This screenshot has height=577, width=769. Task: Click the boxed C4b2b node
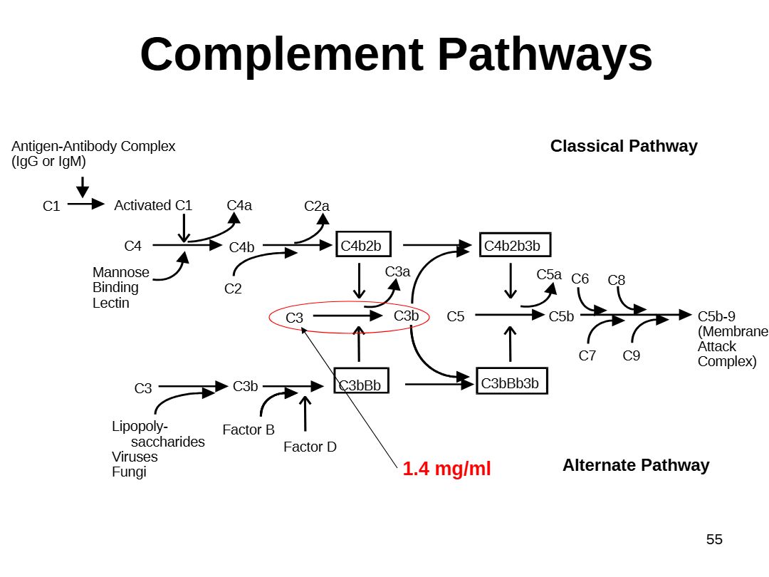pyautogui.click(x=363, y=244)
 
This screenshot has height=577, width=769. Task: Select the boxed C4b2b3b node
pyautogui.click(x=515, y=244)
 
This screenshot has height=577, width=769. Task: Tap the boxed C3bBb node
pyautogui.click(x=362, y=380)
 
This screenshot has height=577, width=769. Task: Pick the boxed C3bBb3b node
pyautogui.click(x=512, y=380)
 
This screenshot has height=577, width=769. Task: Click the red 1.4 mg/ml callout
pyautogui.click(x=446, y=469)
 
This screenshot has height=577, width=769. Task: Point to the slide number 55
pyautogui.click(x=714, y=539)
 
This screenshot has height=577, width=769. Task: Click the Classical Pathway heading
pyautogui.click(x=624, y=146)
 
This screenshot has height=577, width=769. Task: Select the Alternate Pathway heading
pyautogui.click(x=636, y=465)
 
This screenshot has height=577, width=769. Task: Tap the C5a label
pyautogui.click(x=549, y=274)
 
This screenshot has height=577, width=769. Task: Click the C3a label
pyautogui.click(x=397, y=271)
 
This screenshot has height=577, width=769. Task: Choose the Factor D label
pyautogui.click(x=310, y=447)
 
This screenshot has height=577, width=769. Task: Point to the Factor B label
pyautogui.click(x=249, y=430)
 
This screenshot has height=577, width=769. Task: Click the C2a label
pyautogui.click(x=316, y=206)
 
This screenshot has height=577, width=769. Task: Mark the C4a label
pyautogui.click(x=239, y=205)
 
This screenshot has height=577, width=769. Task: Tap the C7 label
pyautogui.click(x=587, y=355)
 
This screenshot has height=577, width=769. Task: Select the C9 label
pyautogui.click(x=631, y=355)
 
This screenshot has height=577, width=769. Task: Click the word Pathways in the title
pyautogui.click(x=545, y=55)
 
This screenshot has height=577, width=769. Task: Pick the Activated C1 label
pyautogui.click(x=153, y=205)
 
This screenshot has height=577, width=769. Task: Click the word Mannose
pyautogui.click(x=120, y=272)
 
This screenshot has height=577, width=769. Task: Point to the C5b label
pyautogui.click(x=561, y=316)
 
